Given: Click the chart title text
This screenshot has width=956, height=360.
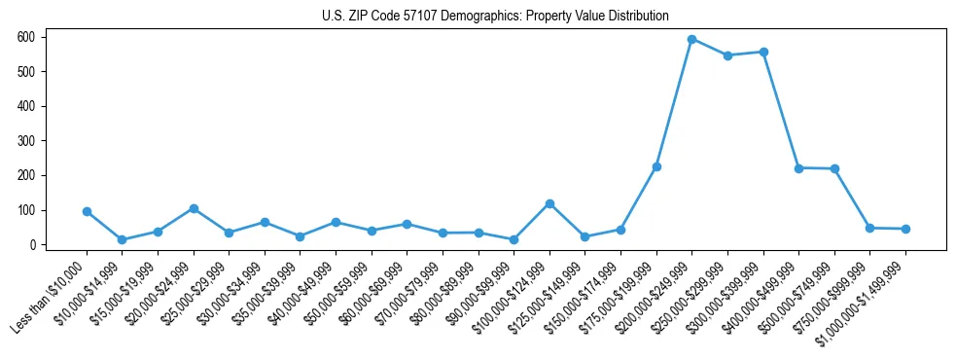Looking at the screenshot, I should point(495,16).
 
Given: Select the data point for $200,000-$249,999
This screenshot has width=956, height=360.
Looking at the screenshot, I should point(691,39).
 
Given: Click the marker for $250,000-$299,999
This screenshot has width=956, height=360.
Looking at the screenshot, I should point(727,55).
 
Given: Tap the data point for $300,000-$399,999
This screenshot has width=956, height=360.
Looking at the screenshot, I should point(763,52).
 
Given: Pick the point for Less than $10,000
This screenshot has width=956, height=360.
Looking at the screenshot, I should point(87,211).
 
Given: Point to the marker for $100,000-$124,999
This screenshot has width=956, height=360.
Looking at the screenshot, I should point(549,203).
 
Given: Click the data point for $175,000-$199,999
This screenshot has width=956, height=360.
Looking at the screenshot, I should point(656,167).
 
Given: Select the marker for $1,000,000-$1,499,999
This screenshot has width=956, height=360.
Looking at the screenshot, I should point(905,229).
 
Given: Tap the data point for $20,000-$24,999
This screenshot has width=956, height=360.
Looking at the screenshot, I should point(194,208).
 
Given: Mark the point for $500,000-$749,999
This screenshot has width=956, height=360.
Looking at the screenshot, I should point(834,169).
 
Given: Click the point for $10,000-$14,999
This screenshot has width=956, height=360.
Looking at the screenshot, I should point(123,239).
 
